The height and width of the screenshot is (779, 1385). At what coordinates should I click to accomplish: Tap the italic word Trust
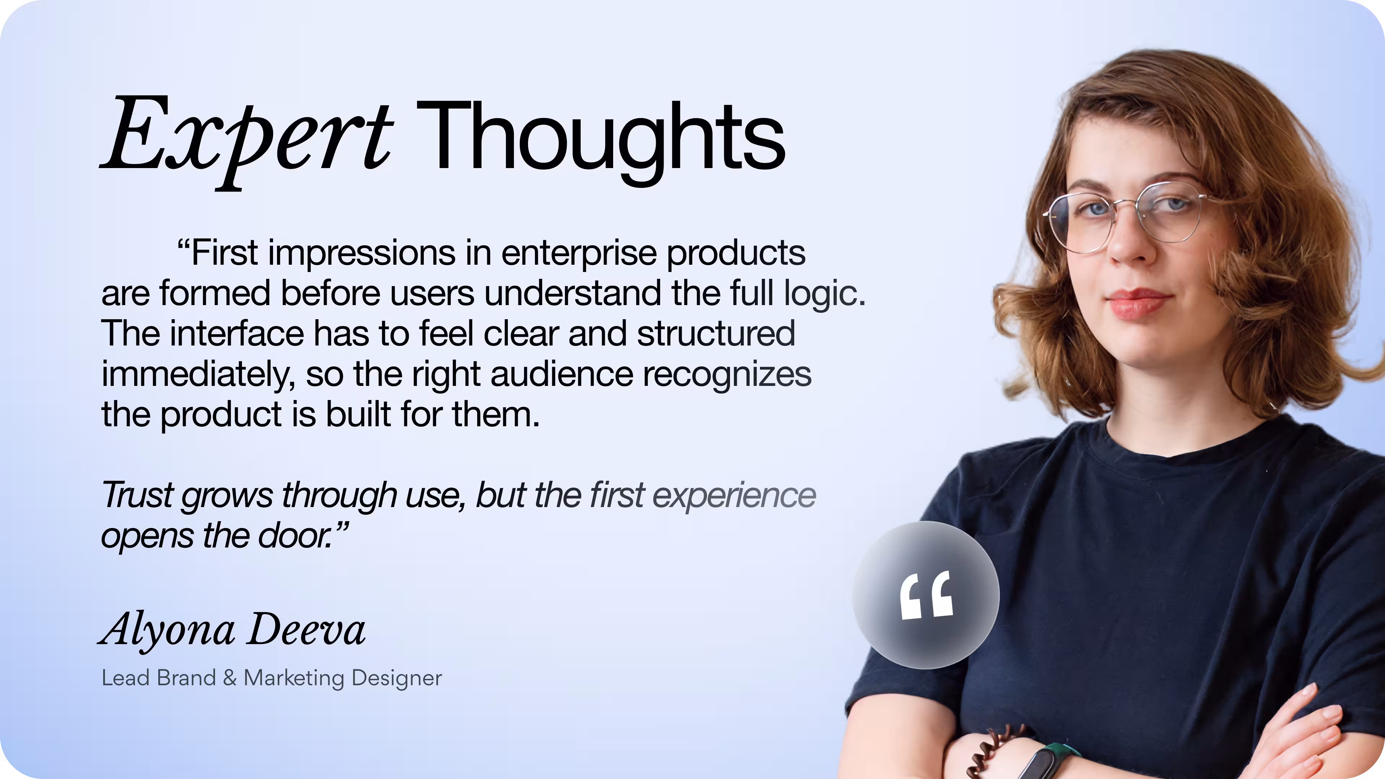tap(137, 494)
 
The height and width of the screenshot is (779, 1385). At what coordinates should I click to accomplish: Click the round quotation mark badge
tap(925, 595)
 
